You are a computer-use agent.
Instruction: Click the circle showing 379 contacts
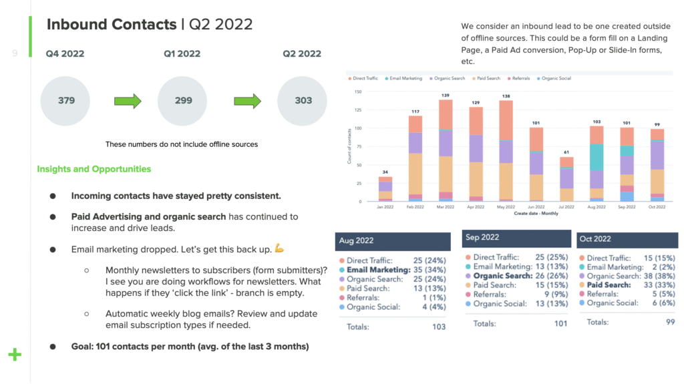coord(66,101)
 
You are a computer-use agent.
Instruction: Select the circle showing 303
coord(303,101)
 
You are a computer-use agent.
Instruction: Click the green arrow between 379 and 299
coord(128,102)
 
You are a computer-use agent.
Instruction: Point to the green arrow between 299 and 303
coord(246,102)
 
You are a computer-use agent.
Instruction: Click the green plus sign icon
coord(15,355)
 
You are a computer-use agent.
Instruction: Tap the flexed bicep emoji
coord(279,248)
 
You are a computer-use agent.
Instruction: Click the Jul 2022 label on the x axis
coord(566,207)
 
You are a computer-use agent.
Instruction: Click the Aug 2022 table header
coord(357,240)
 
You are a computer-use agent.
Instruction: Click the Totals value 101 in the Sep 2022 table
coord(560,323)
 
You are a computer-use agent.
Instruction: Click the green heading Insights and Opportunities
coord(94,169)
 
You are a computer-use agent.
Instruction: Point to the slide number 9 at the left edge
coord(14,53)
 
